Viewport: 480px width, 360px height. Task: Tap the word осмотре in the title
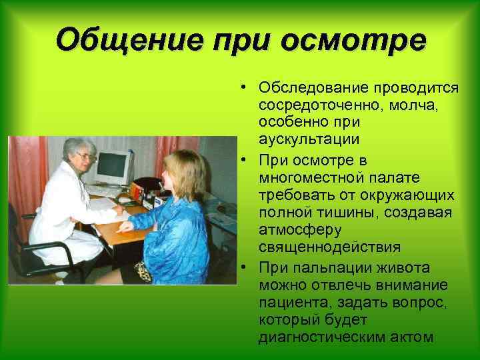pos(353,41)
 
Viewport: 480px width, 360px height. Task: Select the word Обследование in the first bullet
pos(307,89)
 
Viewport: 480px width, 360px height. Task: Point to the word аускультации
pos(311,139)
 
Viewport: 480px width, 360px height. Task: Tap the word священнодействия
pos(331,247)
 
